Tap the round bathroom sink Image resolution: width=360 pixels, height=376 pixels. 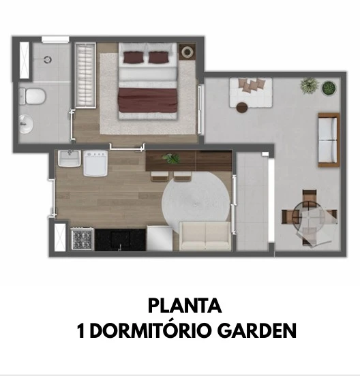[x=26, y=124]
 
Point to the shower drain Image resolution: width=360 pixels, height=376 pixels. [x=48, y=59]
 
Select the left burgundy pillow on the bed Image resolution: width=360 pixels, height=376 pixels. [x=134, y=57]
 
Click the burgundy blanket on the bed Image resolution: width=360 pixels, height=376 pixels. [x=147, y=100]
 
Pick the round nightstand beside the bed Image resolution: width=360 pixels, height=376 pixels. [x=187, y=51]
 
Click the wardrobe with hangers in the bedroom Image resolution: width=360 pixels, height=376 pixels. [x=86, y=75]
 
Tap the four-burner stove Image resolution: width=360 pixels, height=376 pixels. [x=82, y=238]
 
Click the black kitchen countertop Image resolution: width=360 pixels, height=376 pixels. [x=120, y=240]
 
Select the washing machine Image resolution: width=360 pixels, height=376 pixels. [x=95, y=163]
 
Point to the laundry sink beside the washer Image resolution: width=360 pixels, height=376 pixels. [x=70, y=158]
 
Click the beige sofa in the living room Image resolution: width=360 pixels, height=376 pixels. [x=205, y=236]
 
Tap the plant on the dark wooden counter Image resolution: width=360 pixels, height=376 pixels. [x=171, y=158]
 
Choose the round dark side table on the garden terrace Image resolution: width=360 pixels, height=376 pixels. [x=242, y=108]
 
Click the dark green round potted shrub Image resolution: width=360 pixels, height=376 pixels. [x=329, y=88]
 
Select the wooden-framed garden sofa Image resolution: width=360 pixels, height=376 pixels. [x=329, y=140]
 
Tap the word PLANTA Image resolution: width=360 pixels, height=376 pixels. [x=185, y=306]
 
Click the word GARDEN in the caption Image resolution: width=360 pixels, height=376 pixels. [x=257, y=330]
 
